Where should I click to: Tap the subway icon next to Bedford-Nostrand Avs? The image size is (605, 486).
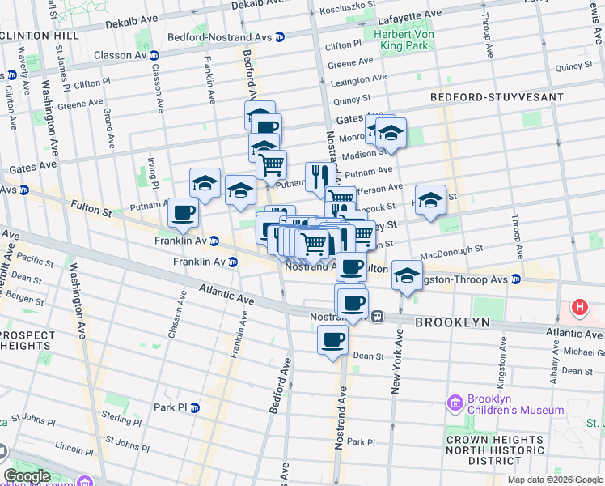279,37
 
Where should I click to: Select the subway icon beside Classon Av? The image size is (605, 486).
154,56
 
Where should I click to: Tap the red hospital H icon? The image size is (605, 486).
579,307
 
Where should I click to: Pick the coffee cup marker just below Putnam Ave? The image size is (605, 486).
183,212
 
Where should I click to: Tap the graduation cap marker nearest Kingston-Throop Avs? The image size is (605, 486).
407,275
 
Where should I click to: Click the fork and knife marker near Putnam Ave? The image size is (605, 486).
316,175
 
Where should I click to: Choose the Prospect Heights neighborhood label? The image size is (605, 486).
27,341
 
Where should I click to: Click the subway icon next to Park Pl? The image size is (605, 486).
195,407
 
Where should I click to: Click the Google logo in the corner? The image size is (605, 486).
27,476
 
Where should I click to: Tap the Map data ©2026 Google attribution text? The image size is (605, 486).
554,480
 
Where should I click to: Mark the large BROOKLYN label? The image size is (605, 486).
452,322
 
